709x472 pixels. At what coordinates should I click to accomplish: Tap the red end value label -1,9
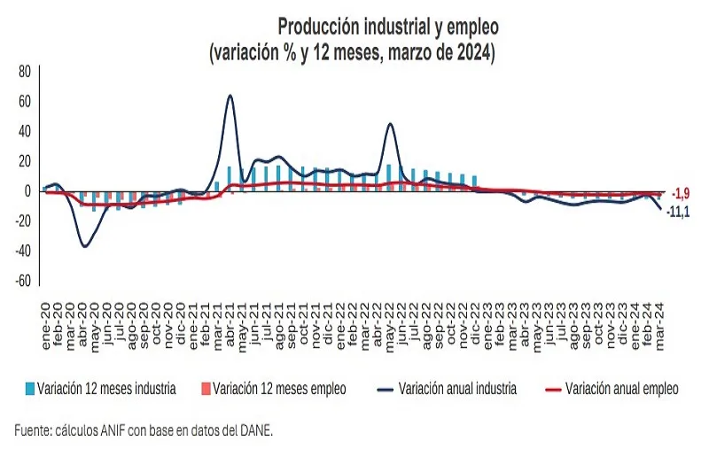tap(681, 194)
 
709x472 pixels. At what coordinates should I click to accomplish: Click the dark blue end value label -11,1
tap(679, 212)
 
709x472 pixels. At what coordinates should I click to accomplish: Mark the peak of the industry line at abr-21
tap(230, 96)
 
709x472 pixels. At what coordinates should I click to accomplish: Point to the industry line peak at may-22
tap(391, 124)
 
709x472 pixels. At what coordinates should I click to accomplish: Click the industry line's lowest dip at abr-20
tap(85, 245)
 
